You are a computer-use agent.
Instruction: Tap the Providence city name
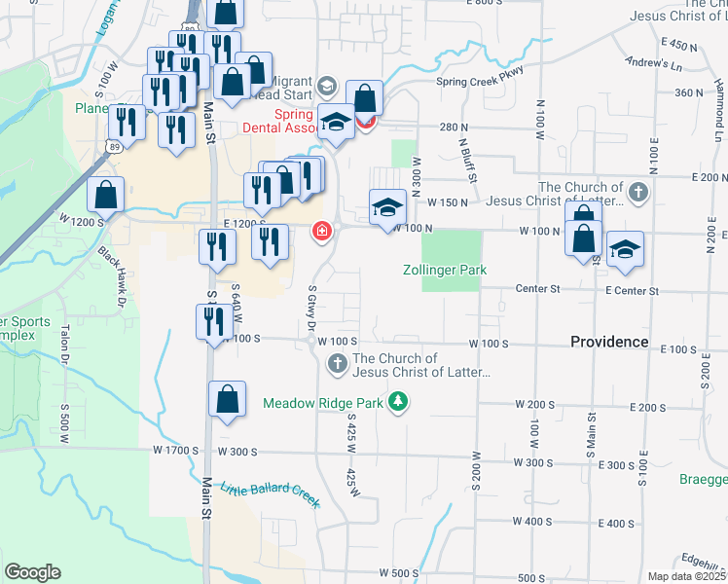[609, 342]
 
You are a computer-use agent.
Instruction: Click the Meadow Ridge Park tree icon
[397, 401]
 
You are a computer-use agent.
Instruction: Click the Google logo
[32, 572]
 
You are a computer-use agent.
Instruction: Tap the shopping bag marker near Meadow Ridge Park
[226, 400]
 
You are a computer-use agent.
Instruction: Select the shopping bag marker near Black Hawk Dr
[104, 195]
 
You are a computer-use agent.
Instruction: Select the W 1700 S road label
[176, 451]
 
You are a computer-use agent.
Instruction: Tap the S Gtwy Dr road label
[312, 307]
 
